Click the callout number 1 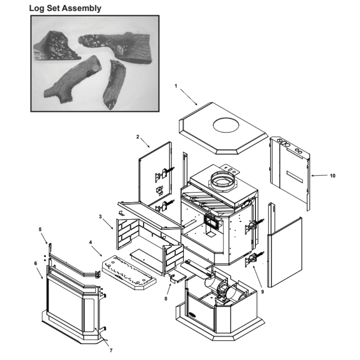[176, 86]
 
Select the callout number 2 [138, 137]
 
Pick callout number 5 [40, 229]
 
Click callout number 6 [35, 263]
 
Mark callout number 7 [111, 350]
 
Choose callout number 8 [166, 298]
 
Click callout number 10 [332, 176]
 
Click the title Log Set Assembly [65, 8]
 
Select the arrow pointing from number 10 [319, 176]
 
